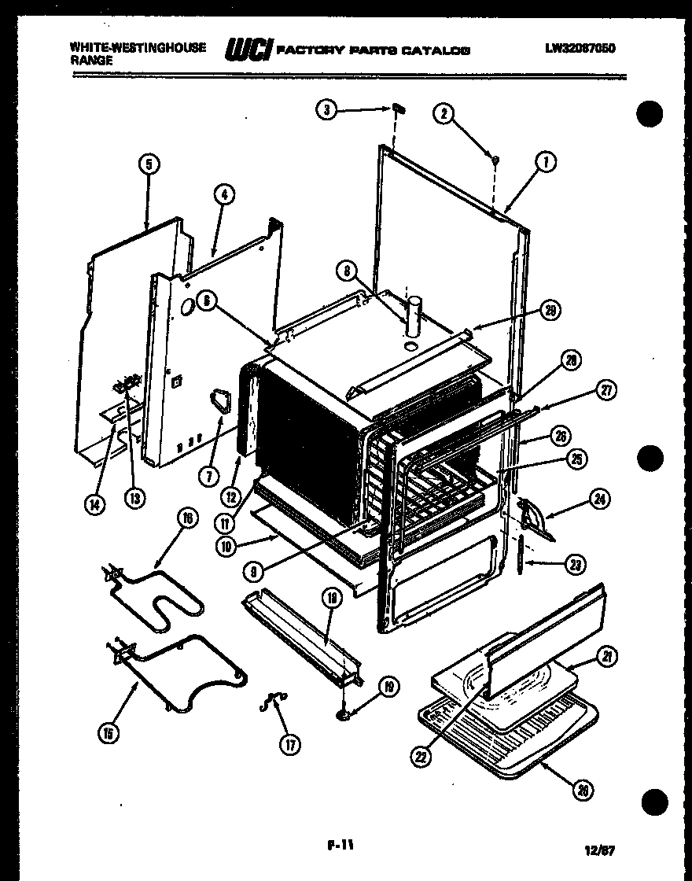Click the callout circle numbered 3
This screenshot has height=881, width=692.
click(328, 110)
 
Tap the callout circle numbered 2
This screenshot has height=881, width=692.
click(444, 115)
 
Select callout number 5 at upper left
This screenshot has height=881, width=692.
click(149, 164)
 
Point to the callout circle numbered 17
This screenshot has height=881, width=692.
click(291, 744)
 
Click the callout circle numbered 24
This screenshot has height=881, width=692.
click(602, 499)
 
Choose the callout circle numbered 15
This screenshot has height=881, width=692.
click(109, 734)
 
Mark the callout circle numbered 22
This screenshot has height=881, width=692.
click(422, 757)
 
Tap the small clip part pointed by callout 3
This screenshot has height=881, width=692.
click(398, 109)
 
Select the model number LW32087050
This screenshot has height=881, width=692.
click(580, 49)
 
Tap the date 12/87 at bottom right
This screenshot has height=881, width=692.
click(600, 850)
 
